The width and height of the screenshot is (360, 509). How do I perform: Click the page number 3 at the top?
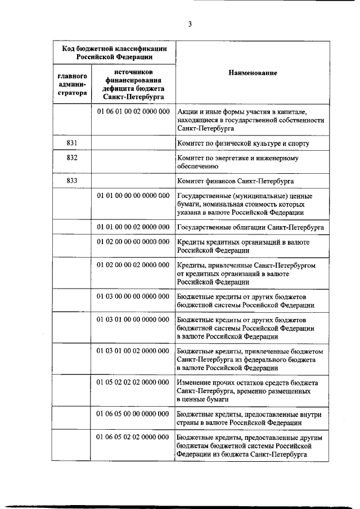point(190,24)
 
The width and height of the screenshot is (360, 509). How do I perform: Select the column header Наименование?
point(253,73)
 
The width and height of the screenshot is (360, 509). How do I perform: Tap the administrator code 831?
point(71,143)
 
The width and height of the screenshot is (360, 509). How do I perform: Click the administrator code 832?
point(71,158)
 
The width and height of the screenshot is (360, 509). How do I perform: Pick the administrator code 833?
point(71,181)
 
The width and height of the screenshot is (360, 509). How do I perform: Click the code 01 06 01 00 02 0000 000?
point(133,112)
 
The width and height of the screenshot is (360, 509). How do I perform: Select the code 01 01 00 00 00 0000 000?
point(133,196)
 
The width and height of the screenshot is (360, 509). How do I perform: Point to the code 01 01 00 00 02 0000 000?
point(133,227)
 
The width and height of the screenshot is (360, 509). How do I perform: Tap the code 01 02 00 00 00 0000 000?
point(133,242)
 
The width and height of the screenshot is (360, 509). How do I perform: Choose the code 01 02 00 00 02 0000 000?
point(133,265)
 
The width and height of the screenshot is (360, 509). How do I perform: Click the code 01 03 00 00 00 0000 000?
point(133,296)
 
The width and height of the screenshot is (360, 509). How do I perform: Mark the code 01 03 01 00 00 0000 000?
point(133,319)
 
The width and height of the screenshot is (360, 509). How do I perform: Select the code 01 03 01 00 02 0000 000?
point(133,351)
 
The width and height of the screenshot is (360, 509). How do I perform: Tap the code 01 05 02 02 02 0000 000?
point(133,382)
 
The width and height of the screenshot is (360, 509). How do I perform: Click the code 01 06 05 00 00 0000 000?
point(133,413)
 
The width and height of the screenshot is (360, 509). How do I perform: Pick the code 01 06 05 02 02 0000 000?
point(133,437)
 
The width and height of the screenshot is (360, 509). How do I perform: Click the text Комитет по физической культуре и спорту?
point(243,143)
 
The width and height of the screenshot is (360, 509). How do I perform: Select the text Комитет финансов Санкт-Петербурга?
point(236,181)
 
